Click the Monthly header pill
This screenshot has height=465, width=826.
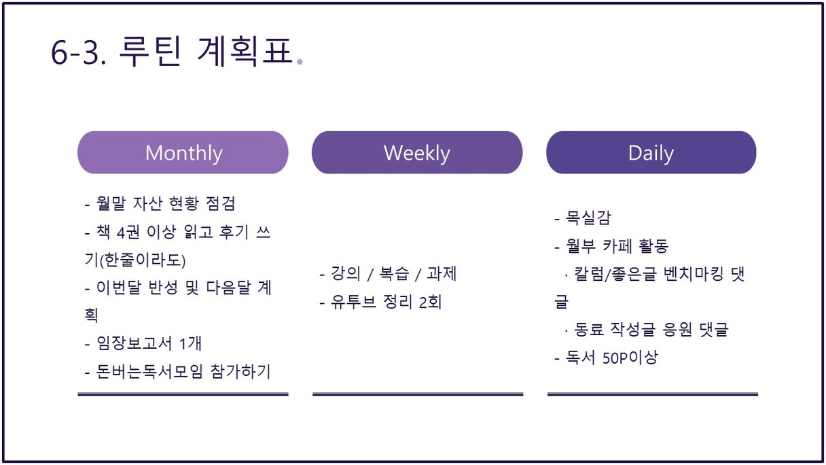tap(183, 152)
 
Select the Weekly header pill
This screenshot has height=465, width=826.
tap(417, 152)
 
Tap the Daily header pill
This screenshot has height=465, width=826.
tap(651, 152)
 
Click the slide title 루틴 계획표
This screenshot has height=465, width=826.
tap(206, 51)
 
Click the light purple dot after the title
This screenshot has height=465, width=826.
tap(300, 62)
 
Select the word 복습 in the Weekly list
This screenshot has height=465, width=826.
tap(394, 273)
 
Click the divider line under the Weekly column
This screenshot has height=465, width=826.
tap(418, 394)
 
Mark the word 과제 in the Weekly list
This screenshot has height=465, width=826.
tap(442, 273)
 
